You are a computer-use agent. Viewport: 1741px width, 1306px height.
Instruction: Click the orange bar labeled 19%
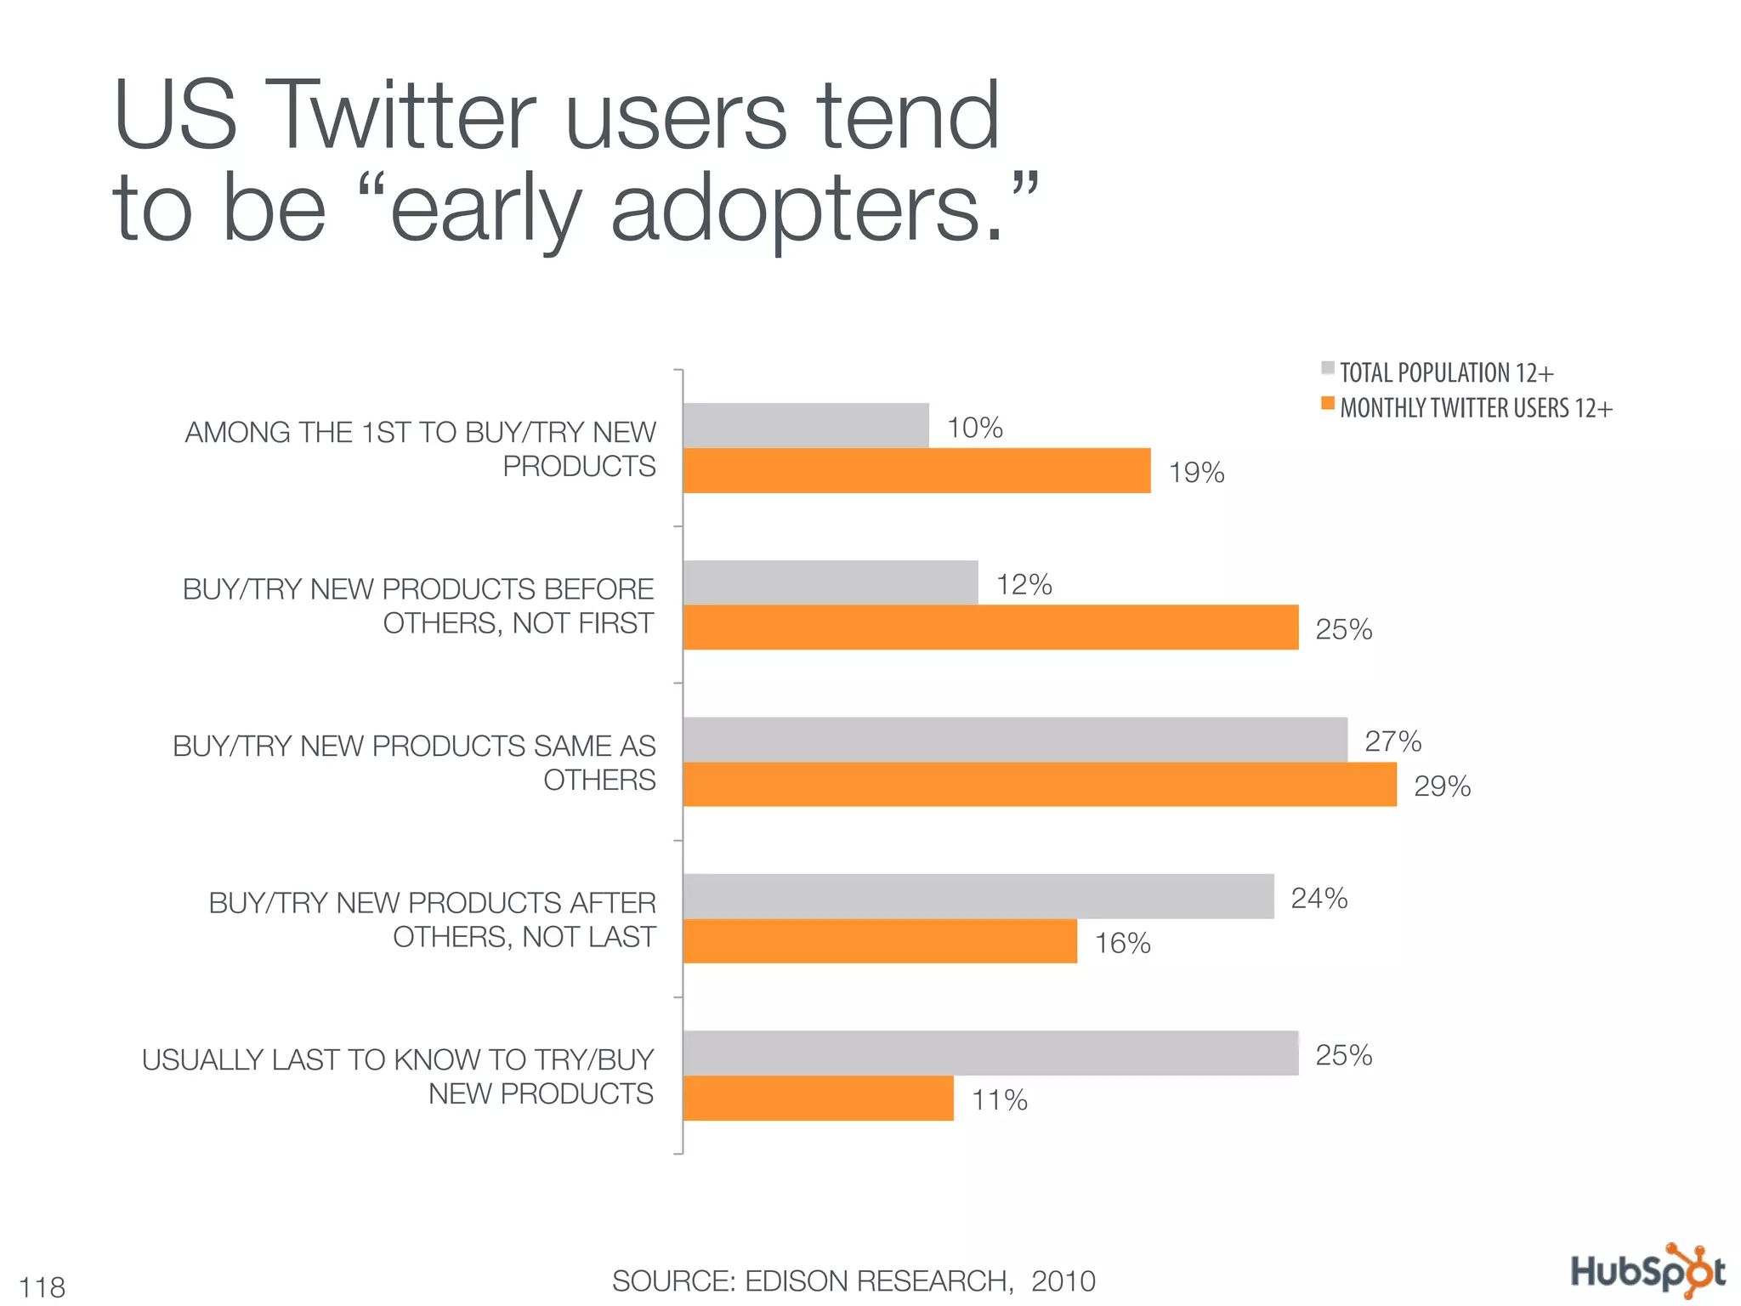(916, 470)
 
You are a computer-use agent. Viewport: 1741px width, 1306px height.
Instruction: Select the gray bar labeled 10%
(806, 425)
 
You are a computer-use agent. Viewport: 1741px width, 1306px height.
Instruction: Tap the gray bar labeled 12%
(831, 582)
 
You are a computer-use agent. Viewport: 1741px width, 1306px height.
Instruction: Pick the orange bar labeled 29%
(1040, 784)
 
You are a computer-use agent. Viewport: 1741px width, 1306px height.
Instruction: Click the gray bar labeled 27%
(1015, 739)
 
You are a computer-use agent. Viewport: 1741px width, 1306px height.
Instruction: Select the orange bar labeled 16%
(880, 940)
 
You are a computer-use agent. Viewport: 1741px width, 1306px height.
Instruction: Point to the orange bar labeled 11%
(818, 1098)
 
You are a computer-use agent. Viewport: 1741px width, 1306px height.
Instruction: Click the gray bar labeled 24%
(978, 896)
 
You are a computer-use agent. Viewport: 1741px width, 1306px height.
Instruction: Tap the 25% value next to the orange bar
(1343, 629)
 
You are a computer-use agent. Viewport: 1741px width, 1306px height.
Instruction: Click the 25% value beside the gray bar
(1343, 1055)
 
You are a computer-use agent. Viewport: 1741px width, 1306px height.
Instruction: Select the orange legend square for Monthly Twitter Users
(1327, 403)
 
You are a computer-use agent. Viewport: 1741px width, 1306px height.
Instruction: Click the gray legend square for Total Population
(1327, 368)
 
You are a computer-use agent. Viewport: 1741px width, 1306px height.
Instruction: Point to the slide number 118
(43, 1287)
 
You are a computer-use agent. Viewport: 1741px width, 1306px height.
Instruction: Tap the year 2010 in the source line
(1063, 1280)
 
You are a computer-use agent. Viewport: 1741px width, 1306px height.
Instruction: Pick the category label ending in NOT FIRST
(418, 605)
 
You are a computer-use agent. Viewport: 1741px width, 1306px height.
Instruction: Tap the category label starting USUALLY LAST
(398, 1076)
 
